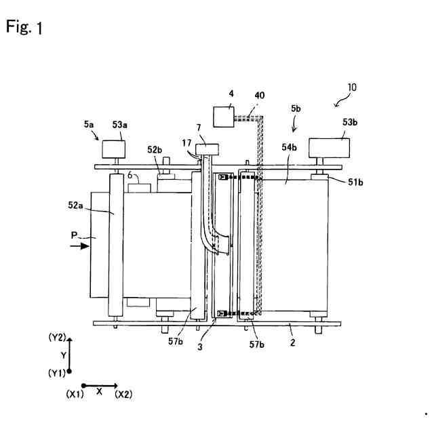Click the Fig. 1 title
[24, 27]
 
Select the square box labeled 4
[224, 117]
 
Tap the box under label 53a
[113, 149]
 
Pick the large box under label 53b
[329, 148]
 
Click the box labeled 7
[207, 149]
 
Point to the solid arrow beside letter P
[80, 245]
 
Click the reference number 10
[352, 87]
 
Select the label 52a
[75, 205]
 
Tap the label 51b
[355, 182]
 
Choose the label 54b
[290, 147]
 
